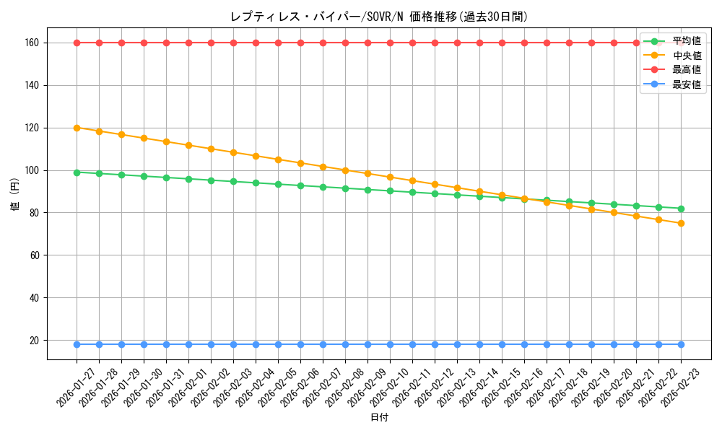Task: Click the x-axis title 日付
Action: [379, 418]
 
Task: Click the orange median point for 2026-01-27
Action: [77, 128]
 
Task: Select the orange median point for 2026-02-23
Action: [681, 223]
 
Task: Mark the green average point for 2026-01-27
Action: [77, 172]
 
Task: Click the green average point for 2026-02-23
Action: [681, 209]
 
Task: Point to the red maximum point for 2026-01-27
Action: [77, 43]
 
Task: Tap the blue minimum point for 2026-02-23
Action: [681, 344]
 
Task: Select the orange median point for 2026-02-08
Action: [345, 170]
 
